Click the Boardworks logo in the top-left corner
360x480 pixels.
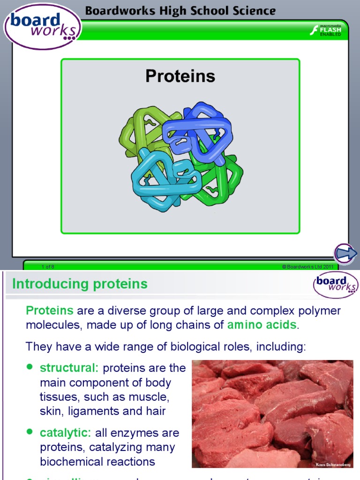coord(43,27)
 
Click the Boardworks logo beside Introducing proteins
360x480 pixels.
coord(335,285)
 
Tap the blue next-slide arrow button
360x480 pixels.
coord(346,254)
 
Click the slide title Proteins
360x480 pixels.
coord(180,76)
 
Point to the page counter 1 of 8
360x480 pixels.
coord(48,267)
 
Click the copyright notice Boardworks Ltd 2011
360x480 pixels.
coord(307,267)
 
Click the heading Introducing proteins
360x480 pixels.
coord(80,284)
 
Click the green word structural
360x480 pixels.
coord(69,368)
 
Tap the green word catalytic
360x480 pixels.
coord(66,433)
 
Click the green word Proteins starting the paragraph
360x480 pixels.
coord(50,310)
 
